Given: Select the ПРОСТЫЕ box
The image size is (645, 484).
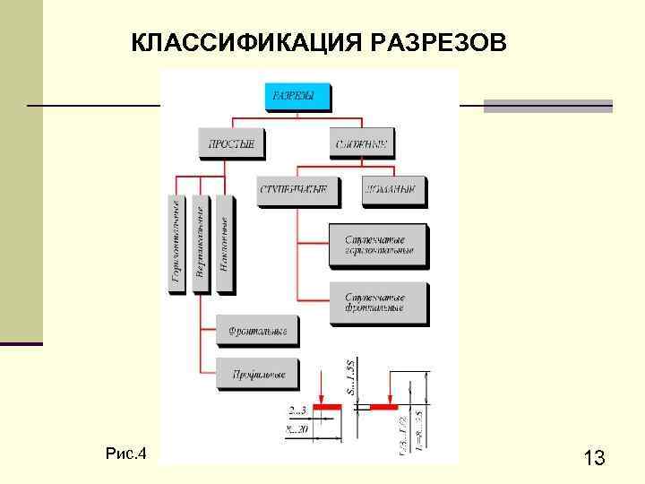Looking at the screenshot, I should (230, 143).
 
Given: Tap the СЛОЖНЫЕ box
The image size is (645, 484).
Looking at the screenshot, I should (363, 143).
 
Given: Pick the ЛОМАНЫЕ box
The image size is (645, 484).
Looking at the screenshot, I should (393, 190).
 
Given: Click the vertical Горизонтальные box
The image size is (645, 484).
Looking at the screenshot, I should (176, 243).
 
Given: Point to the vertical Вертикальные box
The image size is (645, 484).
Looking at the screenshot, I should (201, 243).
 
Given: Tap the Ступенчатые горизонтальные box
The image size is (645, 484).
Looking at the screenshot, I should (378, 245).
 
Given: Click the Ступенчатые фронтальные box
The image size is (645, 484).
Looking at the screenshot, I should (378, 303).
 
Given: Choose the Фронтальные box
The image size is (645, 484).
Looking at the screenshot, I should (256, 332).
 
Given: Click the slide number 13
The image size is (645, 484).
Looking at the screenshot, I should (593, 459).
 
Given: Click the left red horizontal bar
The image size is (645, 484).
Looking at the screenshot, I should (328, 407).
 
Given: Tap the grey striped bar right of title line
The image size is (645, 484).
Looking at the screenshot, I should (547, 106).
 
